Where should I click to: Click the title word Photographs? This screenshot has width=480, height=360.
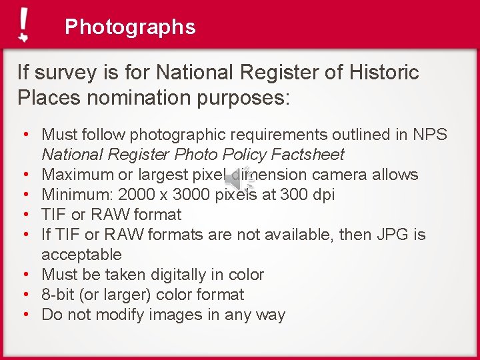[130, 27]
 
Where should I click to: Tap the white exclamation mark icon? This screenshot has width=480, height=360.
[24, 25]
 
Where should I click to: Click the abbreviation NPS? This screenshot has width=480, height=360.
[430, 135]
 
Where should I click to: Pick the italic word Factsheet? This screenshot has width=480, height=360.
[307, 155]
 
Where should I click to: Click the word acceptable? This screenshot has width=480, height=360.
[81, 255]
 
